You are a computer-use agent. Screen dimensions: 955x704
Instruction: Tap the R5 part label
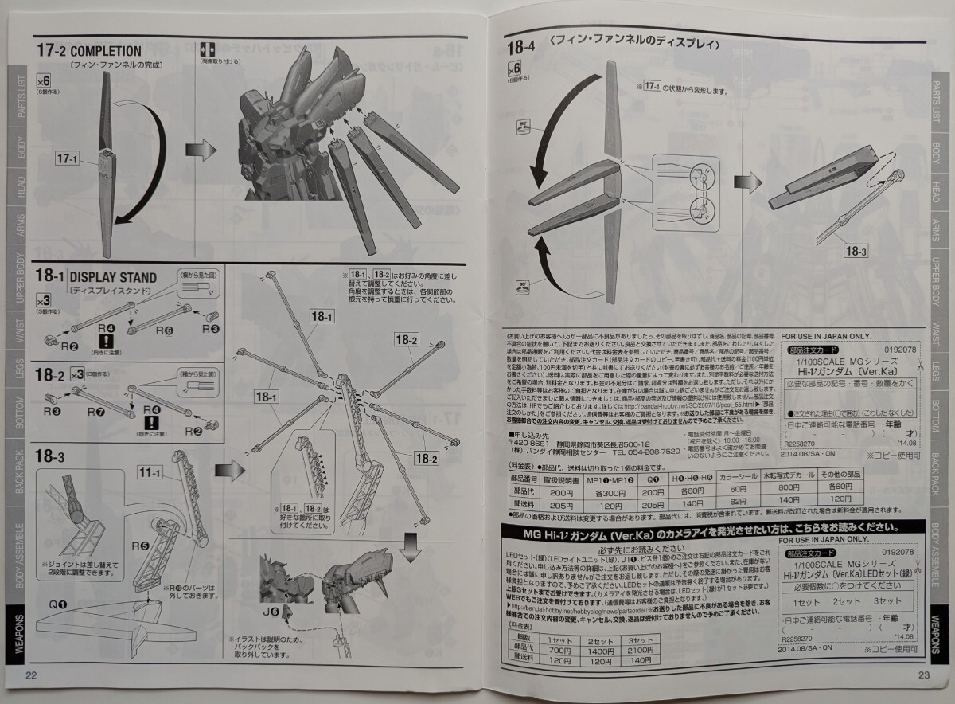coord(141,546)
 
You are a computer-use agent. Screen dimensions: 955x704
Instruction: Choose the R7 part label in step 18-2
coord(96,411)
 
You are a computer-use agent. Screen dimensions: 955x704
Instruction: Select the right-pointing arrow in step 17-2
coord(202,149)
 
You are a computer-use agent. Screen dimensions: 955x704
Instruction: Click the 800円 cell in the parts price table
coord(789,487)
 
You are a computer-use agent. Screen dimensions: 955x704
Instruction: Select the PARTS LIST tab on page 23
coord(937,100)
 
